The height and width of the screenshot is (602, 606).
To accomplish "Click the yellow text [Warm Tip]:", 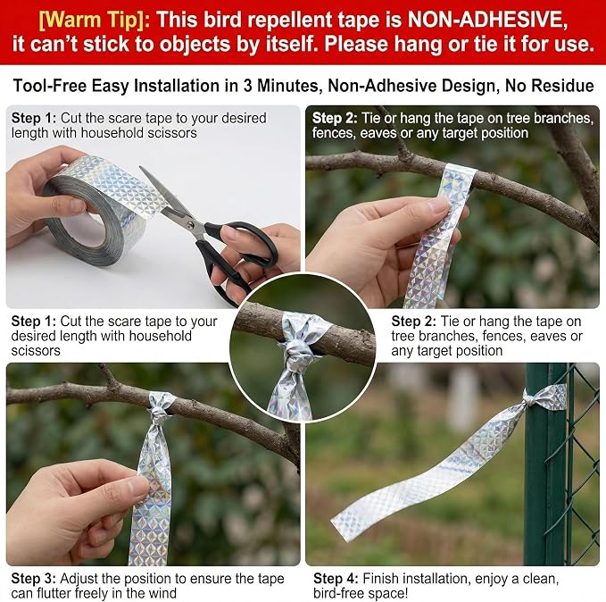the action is (x=95, y=20).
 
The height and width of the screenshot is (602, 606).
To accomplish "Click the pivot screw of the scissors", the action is (x=189, y=223).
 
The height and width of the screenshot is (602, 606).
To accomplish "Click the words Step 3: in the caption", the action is (x=34, y=579).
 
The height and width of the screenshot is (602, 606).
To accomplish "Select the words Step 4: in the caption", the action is (x=336, y=579).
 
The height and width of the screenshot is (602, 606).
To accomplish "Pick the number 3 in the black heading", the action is (x=247, y=86).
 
